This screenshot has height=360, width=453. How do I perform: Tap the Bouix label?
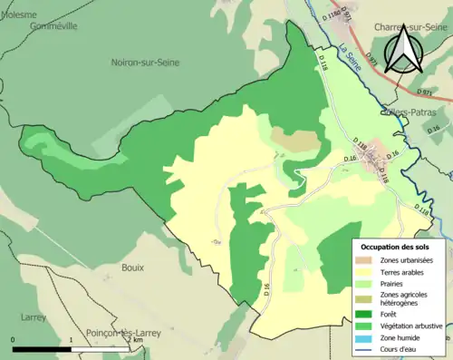click(133, 268)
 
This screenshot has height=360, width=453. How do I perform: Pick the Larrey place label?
click(34, 317)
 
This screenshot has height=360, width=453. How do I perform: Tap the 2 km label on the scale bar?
click(138, 340)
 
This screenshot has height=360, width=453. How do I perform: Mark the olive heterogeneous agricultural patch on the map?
click(296, 140)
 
